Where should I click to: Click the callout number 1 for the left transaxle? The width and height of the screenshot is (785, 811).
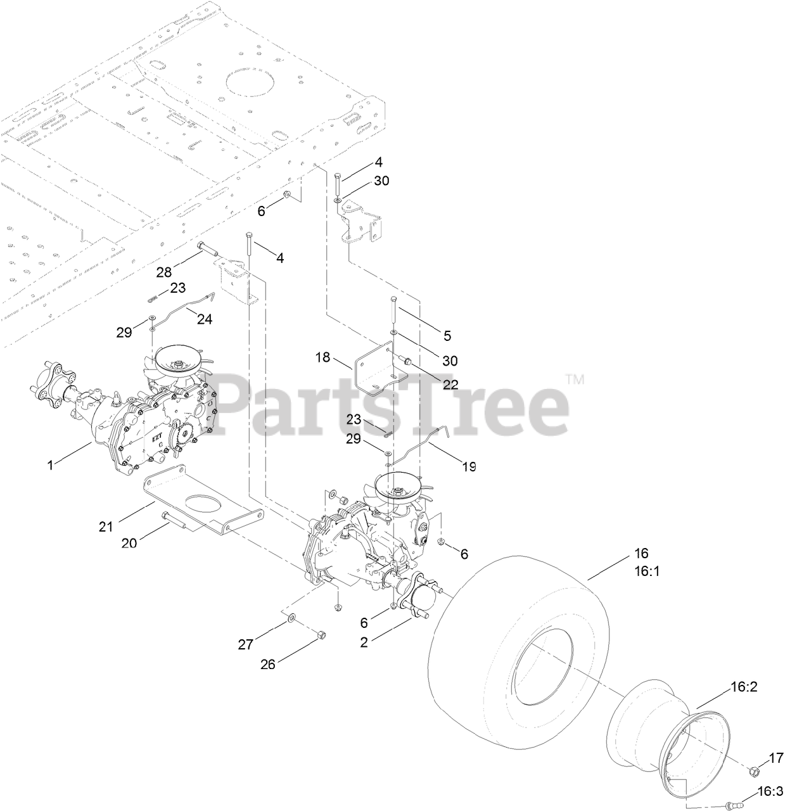click(x=51, y=465)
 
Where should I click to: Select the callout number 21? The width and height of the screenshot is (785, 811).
click(x=106, y=527)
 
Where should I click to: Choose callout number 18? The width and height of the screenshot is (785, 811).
click(x=323, y=357)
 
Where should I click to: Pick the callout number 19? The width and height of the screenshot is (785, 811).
click(x=469, y=466)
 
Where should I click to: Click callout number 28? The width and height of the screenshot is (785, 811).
click(x=163, y=272)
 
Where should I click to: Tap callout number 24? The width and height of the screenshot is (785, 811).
click(x=205, y=319)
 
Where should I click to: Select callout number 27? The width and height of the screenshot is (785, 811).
click(x=245, y=645)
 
